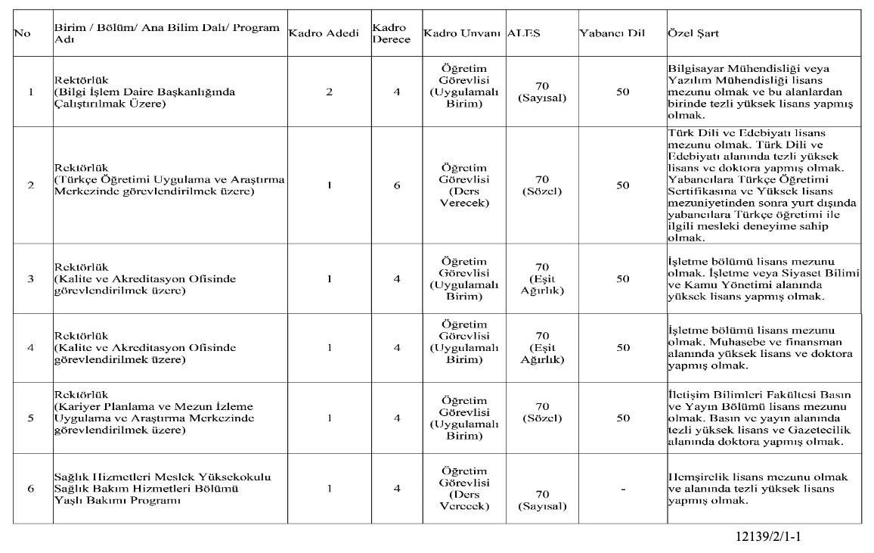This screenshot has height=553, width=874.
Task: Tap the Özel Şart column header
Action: (x=693, y=35)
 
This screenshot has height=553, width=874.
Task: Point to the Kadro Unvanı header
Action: (x=462, y=35)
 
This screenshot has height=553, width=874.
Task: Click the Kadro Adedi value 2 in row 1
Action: (x=329, y=92)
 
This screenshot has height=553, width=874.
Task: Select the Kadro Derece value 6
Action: (x=397, y=185)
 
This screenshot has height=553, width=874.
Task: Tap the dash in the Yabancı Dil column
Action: (x=623, y=489)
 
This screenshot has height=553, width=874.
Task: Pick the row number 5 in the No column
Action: (x=31, y=418)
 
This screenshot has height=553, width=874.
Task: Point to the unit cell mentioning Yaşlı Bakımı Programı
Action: (x=162, y=489)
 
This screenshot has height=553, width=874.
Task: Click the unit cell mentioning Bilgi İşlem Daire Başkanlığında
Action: (x=144, y=92)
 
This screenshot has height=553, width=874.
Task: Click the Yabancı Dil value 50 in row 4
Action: (x=623, y=348)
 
